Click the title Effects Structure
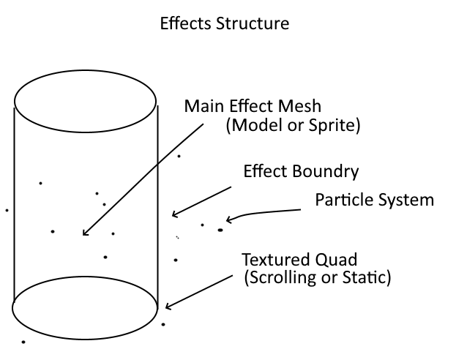[225, 23]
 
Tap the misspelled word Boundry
[326, 172]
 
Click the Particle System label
[374, 199]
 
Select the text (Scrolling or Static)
[318, 278]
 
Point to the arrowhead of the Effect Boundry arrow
[173, 215]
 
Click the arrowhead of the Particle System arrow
[229, 220]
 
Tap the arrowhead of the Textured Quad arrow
[168, 308]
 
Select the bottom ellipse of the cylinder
[86, 307]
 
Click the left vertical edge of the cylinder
[14, 205]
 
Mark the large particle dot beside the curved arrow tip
[220, 230]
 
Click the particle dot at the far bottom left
[23, 342]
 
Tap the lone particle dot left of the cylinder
[7, 210]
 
